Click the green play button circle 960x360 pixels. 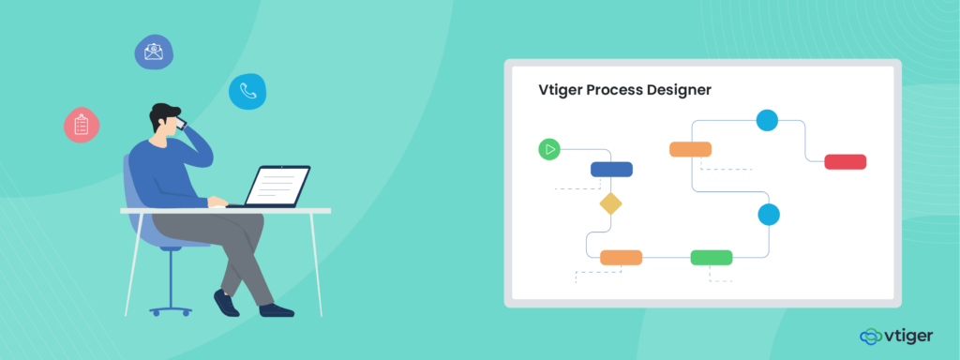point(548,148)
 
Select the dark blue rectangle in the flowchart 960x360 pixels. point(611,169)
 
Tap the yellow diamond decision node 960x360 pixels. point(611,203)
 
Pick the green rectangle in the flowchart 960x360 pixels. point(712,257)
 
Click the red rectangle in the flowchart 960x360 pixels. point(845,162)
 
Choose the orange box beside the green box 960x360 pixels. point(621,257)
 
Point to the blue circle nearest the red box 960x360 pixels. point(767,120)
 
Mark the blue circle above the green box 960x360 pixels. point(769,214)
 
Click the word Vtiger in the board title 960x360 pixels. point(560,91)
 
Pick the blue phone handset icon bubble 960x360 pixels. point(247,91)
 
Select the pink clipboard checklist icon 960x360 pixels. point(82,125)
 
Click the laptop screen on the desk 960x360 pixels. point(279,185)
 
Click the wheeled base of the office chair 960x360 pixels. point(171,307)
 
